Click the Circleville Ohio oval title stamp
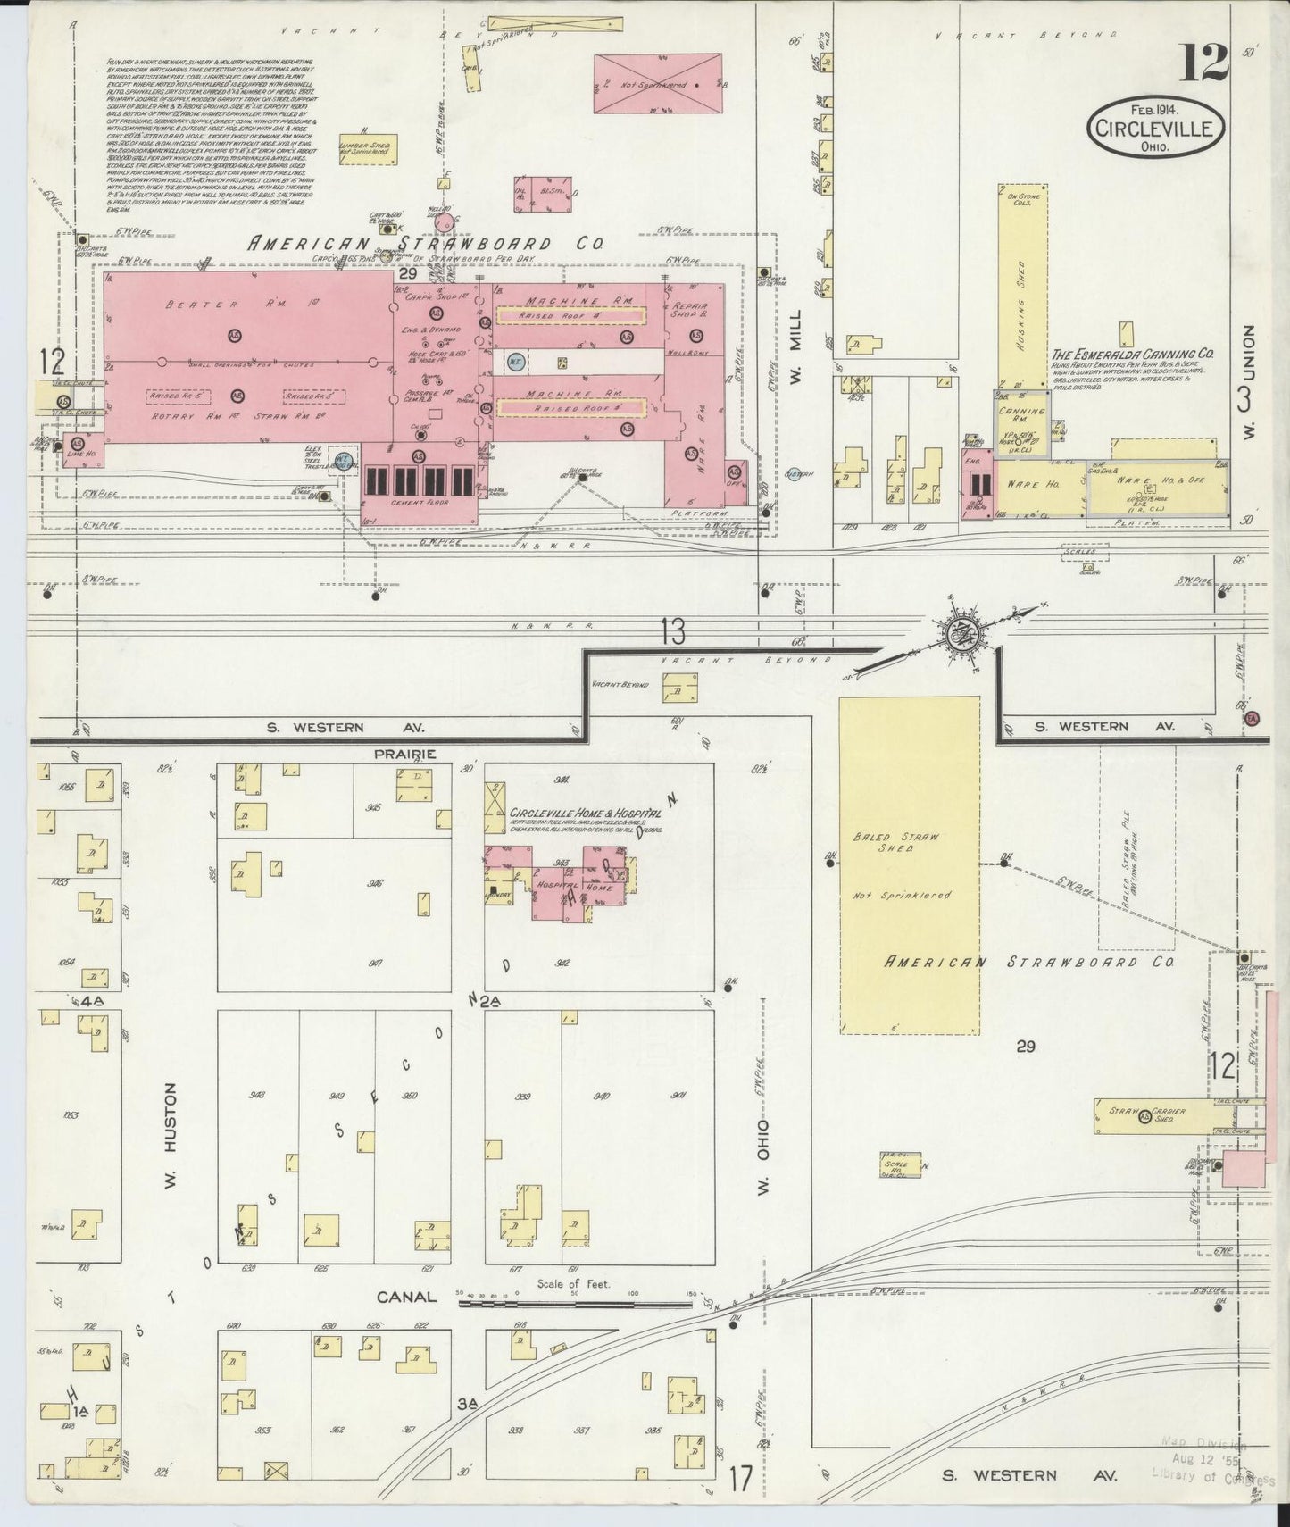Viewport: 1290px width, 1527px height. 1155,129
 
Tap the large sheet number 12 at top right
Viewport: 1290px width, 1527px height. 1205,63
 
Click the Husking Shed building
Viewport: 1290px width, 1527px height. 1023,286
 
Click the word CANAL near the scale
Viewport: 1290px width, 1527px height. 406,1298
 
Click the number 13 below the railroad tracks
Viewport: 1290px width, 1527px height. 673,631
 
